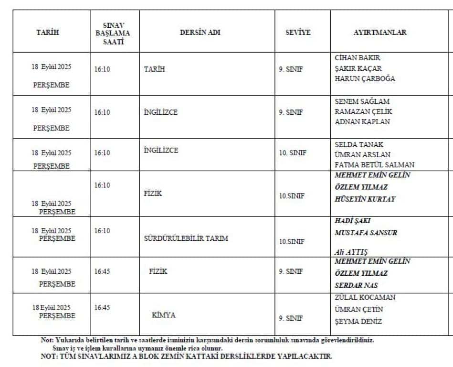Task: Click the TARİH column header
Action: tap(47, 32)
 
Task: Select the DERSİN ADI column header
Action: tap(200, 32)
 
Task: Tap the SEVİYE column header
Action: tap(298, 32)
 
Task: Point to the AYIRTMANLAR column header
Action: tap(380, 32)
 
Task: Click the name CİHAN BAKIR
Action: tap(358, 58)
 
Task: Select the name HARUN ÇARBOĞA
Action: tap(365, 79)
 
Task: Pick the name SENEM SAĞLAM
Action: tap(362, 101)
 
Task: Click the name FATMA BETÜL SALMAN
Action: tap(375, 165)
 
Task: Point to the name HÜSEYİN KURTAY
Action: tap(365, 199)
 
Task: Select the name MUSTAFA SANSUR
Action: tap(366, 233)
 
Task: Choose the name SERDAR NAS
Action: tap(356, 285)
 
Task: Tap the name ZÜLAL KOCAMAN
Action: tap(365, 297)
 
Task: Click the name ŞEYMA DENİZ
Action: tap(358, 322)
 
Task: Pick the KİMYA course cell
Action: tap(164, 315)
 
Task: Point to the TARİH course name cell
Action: tap(154, 69)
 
